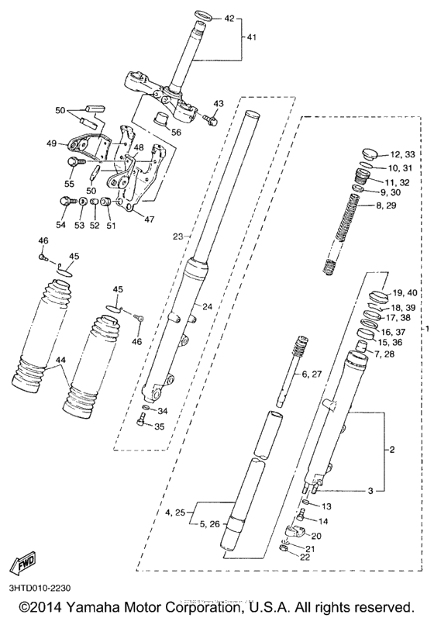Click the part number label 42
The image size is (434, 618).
229,18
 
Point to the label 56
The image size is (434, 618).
176,133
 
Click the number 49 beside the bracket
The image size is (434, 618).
52,143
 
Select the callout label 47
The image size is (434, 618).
149,219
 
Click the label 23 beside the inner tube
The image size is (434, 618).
177,236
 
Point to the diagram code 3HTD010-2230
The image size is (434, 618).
44,588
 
